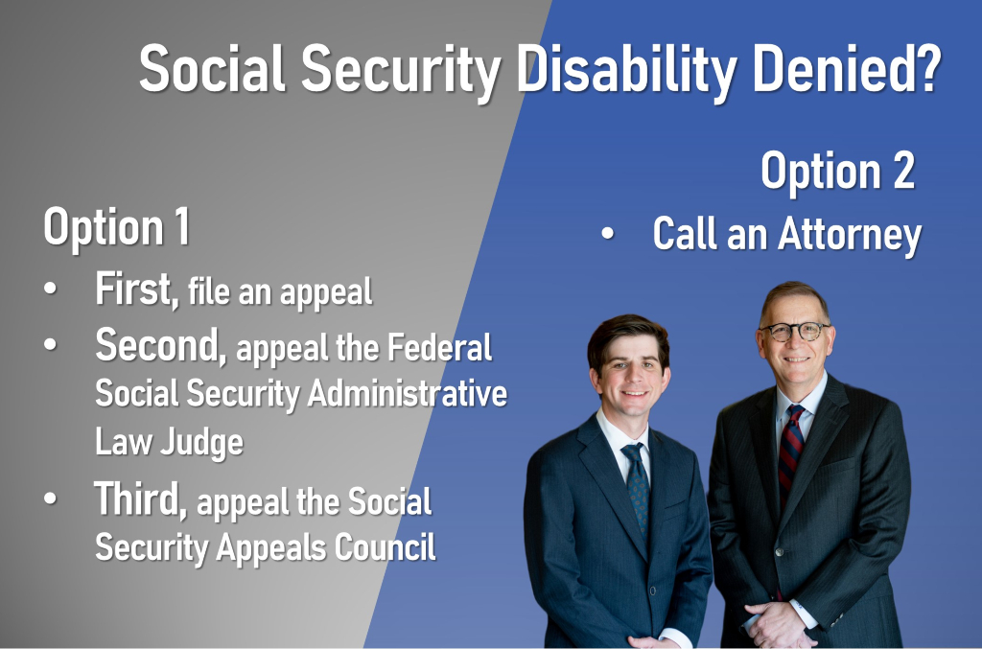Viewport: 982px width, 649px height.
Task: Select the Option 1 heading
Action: click(x=116, y=228)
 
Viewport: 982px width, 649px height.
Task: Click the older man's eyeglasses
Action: click(x=794, y=330)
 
